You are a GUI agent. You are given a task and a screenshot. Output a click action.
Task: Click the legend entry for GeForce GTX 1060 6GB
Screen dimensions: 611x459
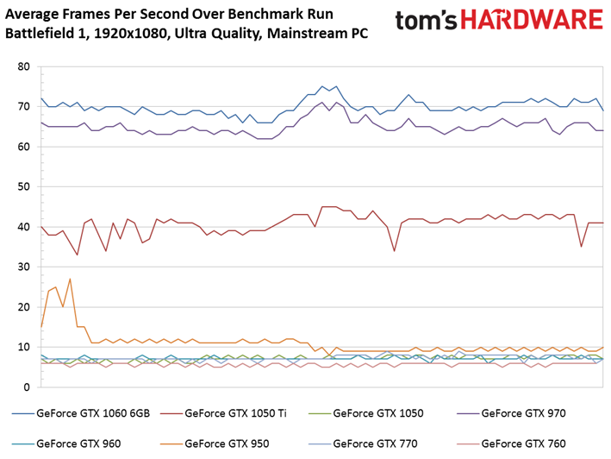pos(81,413)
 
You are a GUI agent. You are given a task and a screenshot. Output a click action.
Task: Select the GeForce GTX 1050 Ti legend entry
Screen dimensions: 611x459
pos(223,413)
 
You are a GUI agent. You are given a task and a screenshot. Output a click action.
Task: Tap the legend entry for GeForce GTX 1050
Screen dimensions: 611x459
pos(366,413)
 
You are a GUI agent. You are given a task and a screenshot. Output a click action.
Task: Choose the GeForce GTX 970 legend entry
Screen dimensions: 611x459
pos(511,413)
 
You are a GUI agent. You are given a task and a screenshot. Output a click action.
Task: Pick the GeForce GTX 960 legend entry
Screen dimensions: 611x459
pos(66,443)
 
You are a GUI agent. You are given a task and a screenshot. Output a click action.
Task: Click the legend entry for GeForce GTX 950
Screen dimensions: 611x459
pos(215,443)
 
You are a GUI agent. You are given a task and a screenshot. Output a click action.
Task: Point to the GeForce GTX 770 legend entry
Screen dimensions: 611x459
pos(363,443)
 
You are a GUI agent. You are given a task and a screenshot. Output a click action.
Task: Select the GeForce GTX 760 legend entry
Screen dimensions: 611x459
pos(511,443)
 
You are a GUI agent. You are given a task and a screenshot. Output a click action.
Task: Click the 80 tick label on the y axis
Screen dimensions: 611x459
pos(23,66)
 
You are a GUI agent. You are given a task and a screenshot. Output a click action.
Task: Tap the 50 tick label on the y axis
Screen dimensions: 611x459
pos(23,187)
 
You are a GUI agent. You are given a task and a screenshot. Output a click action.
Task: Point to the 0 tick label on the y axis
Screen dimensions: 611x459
pos(27,387)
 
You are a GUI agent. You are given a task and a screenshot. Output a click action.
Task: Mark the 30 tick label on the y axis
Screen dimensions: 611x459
pos(23,267)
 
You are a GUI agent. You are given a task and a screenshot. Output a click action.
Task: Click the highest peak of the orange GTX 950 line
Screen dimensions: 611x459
pos(70,279)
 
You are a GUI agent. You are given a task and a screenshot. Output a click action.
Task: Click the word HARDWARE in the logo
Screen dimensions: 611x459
pos(532,20)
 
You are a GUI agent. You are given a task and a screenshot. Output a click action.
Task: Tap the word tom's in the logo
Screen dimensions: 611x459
pos(426,21)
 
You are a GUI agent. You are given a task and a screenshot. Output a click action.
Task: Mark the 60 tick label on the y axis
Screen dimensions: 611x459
pos(23,147)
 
